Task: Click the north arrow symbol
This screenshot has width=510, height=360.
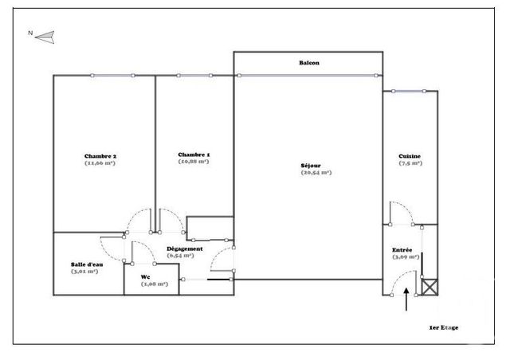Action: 45,35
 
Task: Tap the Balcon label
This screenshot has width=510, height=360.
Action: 309,62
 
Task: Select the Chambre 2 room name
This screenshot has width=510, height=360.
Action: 100,155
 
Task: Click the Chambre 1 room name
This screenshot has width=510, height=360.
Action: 194,154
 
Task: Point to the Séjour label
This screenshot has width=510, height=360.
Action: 310,165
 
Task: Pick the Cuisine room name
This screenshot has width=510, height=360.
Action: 410,155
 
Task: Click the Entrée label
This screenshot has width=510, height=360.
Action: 401,249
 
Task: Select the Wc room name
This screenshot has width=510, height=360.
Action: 145,276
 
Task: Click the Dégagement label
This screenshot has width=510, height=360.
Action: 184,248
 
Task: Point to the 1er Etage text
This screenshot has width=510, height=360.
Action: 443,327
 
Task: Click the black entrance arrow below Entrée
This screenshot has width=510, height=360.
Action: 408,300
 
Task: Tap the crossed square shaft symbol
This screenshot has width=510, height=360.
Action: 430,288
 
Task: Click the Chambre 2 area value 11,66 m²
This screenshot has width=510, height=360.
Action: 100,163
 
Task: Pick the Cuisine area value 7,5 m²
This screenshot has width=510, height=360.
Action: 410,163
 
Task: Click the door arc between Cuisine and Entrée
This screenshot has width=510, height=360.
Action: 399,210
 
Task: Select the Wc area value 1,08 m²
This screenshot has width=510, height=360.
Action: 154,284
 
